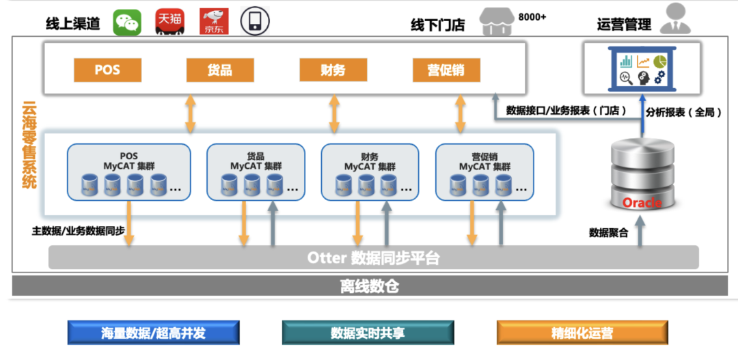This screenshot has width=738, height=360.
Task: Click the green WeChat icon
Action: (x=126, y=23)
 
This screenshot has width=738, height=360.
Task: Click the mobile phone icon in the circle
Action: (x=254, y=21)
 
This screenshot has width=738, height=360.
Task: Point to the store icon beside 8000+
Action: (x=497, y=22)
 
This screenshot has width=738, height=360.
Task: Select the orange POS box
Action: (x=107, y=70)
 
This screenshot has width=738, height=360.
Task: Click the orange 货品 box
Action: (x=219, y=70)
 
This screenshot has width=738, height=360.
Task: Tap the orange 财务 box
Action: (x=333, y=70)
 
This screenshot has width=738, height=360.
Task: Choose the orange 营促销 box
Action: (x=446, y=70)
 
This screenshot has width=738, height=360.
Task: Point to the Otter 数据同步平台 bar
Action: (x=373, y=258)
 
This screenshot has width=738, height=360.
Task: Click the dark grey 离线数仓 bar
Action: (x=369, y=286)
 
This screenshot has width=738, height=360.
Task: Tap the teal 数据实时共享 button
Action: (x=368, y=333)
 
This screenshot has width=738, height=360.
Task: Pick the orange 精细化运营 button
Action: (x=582, y=333)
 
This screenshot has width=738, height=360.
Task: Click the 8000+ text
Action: (x=532, y=16)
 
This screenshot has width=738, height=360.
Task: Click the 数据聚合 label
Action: (x=609, y=232)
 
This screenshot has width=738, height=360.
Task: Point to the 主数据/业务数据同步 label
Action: (x=78, y=230)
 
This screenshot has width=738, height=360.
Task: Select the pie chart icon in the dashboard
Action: (x=659, y=61)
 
